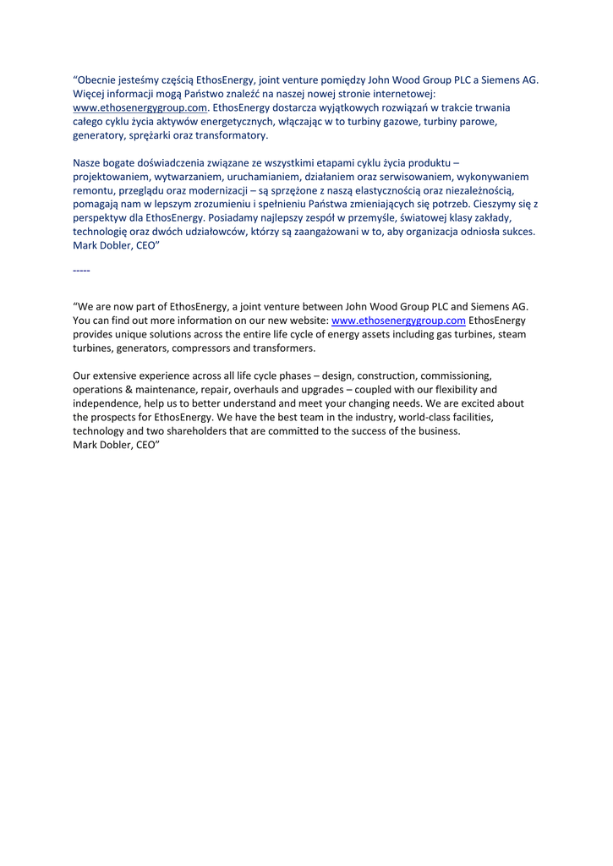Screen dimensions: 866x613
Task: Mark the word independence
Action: [x=107, y=403]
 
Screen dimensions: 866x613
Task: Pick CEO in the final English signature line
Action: [x=147, y=445]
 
